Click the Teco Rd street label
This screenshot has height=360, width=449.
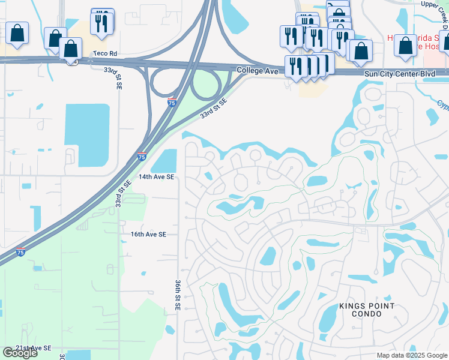[x=104, y=53]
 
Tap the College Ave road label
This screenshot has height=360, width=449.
[x=258, y=71]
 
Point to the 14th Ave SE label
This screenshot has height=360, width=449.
[x=156, y=177]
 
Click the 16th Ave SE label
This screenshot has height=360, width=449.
[x=148, y=235]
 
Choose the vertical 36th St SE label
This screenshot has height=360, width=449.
[x=178, y=294]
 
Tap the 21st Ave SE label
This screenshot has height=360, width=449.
[x=34, y=348]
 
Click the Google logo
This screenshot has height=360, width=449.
[x=20, y=353]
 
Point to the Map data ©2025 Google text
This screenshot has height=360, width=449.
[x=411, y=355]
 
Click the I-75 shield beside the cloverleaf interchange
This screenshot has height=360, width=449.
[x=172, y=103]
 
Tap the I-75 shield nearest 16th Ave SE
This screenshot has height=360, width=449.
[x=21, y=251]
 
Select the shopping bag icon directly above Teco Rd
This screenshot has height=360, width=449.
[x=71, y=49]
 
